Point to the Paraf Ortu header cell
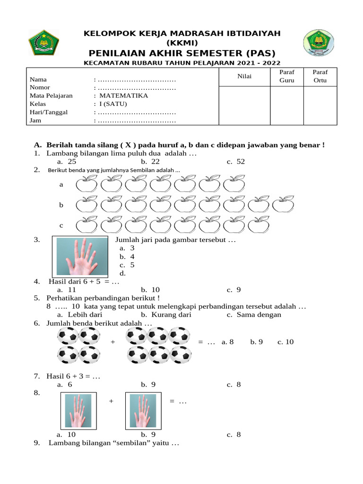pos(320,76)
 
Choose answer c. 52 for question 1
pos(236,162)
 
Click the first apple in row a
pos(87,184)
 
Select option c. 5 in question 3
pos(127,265)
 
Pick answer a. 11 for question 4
pos(67,290)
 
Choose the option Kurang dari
pos(165,314)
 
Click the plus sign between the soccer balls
pos(113,342)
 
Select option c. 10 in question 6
pos(285,342)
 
